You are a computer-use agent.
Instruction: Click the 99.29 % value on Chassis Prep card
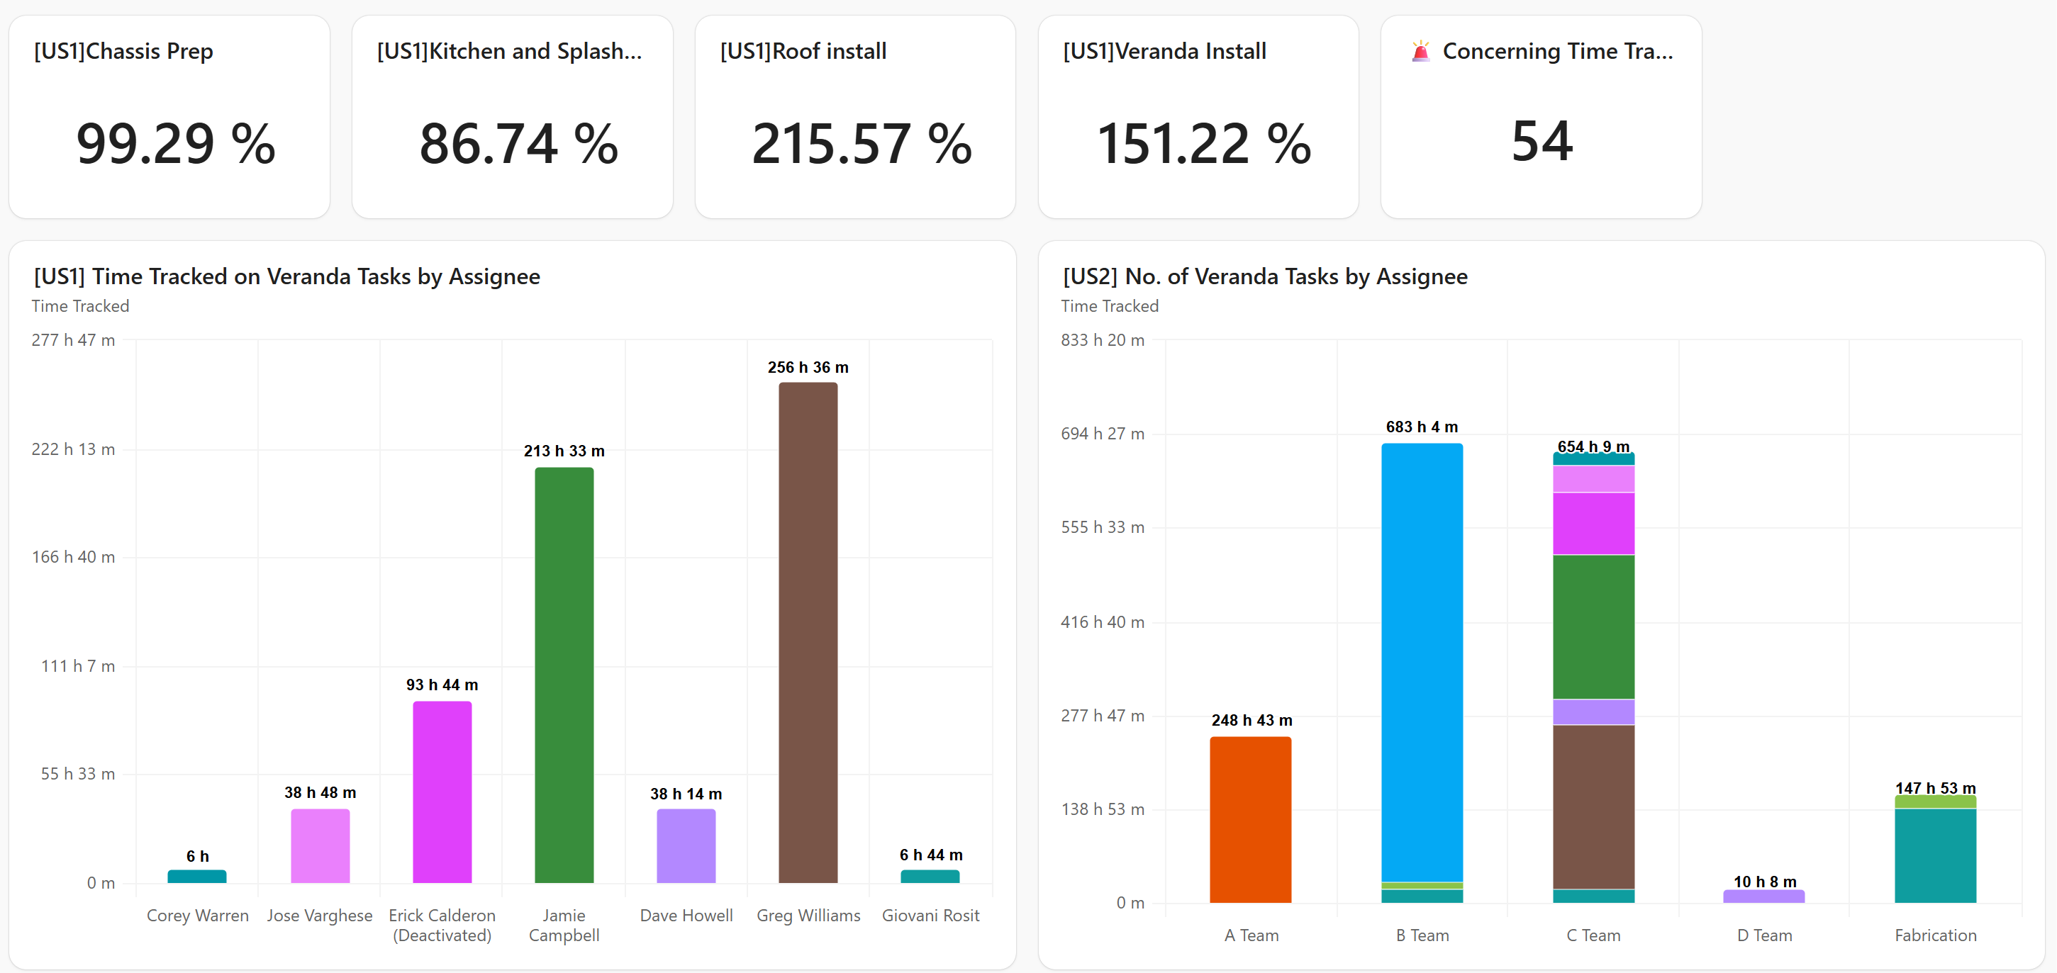176,144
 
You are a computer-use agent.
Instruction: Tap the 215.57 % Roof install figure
862,144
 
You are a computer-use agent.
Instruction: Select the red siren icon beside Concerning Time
1420,52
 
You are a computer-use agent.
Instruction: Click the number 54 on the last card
1541,142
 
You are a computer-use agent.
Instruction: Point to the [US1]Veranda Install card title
1164,51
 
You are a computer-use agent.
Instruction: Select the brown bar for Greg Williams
808,631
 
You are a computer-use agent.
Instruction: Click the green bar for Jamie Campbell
564,675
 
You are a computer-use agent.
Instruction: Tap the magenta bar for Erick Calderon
442,790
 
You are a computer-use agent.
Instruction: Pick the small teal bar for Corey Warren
197,876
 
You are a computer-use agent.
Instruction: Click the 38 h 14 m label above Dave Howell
685,794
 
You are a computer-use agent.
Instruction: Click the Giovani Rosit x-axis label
930,915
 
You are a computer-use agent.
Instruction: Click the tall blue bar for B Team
1422,663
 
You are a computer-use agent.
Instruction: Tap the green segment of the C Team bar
1593,626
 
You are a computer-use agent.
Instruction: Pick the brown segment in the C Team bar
1593,806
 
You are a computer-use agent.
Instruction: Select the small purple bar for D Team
1763,896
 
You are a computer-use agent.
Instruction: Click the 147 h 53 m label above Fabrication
1935,788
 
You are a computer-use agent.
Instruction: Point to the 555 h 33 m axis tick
1102,528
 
